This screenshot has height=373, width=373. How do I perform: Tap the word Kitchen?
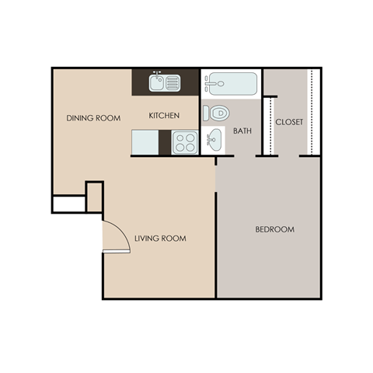164,116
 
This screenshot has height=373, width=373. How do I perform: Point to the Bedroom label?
275,230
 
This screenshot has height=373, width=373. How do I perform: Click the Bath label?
242,131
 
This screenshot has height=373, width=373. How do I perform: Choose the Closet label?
289,122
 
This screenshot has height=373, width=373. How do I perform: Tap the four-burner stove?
185,142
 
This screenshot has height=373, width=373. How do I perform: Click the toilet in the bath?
219,113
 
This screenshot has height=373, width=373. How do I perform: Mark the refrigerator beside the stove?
145,141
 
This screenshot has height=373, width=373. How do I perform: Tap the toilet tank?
206,113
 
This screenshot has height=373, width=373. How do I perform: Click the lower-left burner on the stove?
180,147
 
